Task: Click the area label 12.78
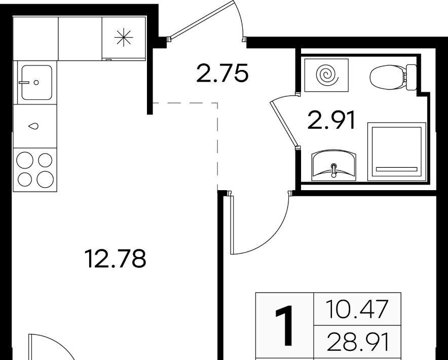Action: coord(116,259)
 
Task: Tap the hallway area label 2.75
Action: coord(222,74)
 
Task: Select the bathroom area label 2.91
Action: coord(331,120)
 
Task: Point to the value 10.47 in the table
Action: coord(357,309)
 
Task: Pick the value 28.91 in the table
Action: coord(358,342)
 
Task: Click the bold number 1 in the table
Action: coord(284,325)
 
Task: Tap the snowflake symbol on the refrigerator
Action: coord(124,38)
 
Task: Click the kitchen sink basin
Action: coord(36,82)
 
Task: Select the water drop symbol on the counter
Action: coord(33,126)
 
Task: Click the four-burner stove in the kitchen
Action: coord(35,170)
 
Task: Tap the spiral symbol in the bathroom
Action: coord(327,75)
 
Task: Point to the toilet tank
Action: coord(411,77)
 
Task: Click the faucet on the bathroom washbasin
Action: coord(333,170)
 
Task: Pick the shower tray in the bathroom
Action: coord(397,152)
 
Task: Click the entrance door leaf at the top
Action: coord(202,20)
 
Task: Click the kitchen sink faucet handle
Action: coord(24,82)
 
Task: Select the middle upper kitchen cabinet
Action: coord(80,39)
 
